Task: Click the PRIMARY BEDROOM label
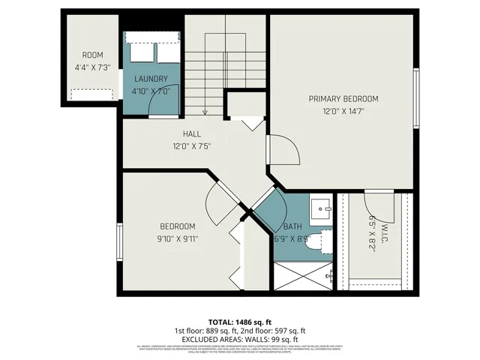(x=343, y=98)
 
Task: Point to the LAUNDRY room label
(x=151, y=79)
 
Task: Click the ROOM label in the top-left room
(x=92, y=55)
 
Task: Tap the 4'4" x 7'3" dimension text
(x=92, y=67)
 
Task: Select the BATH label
(x=292, y=226)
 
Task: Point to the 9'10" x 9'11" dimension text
(x=178, y=238)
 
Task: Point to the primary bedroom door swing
(x=284, y=150)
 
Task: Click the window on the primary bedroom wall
(x=415, y=98)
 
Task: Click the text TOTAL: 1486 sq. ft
(x=239, y=321)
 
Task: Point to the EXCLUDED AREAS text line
(x=239, y=338)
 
